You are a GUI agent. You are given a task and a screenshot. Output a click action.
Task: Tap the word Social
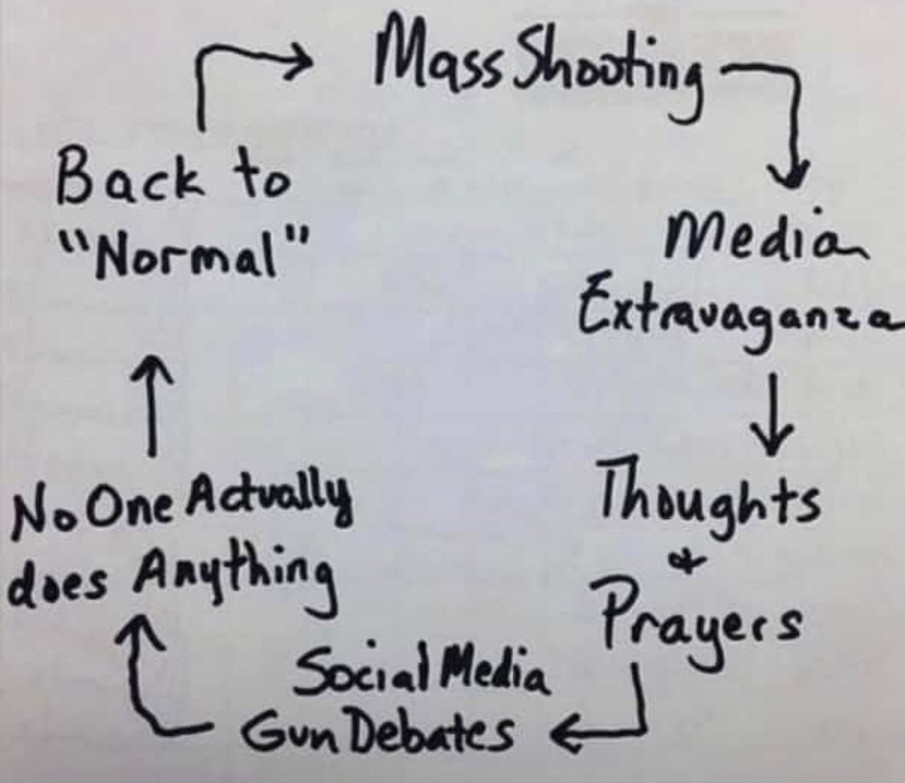(x=368, y=669)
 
